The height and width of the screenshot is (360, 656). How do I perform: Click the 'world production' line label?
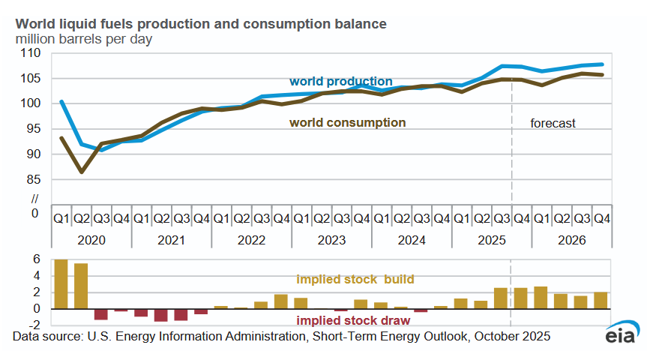(340, 81)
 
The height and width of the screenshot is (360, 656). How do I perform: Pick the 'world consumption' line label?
(347, 122)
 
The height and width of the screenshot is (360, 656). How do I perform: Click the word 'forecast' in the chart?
(553, 123)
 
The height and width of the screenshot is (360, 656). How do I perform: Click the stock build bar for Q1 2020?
(61, 283)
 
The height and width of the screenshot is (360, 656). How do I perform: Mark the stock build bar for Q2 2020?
(81, 286)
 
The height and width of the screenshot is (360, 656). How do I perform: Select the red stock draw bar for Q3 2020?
(101, 314)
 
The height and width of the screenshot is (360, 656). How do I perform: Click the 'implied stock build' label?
(355, 280)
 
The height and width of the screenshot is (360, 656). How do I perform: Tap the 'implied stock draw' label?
(355, 319)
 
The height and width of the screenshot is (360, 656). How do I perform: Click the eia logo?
(621, 335)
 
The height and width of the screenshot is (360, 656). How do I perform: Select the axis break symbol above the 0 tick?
(34, 199)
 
